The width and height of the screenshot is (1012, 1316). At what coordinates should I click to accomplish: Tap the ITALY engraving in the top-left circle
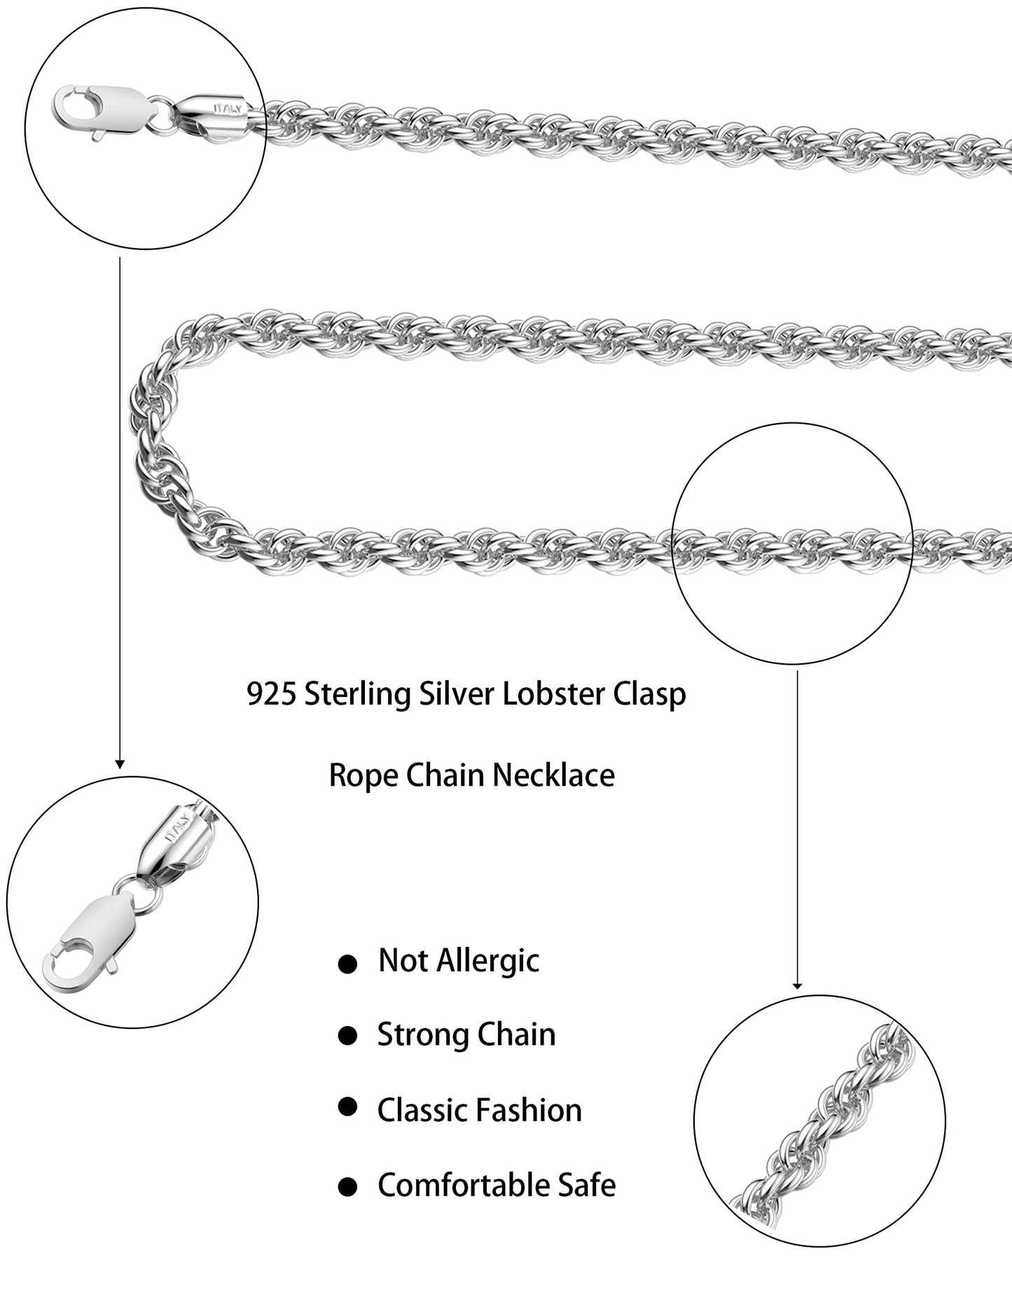[x=228, y=109]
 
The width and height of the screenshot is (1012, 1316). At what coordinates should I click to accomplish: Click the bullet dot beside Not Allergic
[x=347, y=965]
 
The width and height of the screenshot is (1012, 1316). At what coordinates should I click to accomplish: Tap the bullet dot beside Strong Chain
[x=347, y=1036]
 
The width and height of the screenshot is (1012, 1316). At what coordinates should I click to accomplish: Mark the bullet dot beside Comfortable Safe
[x=347, y=1186]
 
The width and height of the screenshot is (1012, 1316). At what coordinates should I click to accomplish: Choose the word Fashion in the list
[x=531, y=1111]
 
